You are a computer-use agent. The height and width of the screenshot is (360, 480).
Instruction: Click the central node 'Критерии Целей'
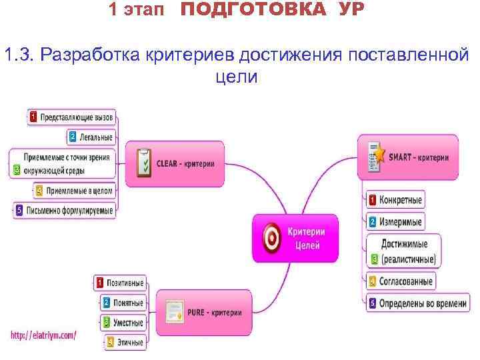pos(295,238)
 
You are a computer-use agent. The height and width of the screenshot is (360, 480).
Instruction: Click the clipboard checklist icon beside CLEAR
pos(143,162)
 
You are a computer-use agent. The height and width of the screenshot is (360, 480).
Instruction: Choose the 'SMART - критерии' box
pos(408,157)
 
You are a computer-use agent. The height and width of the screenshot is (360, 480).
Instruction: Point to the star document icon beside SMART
pos(376,157)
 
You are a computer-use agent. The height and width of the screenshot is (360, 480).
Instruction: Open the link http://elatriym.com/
pos(43,335)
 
